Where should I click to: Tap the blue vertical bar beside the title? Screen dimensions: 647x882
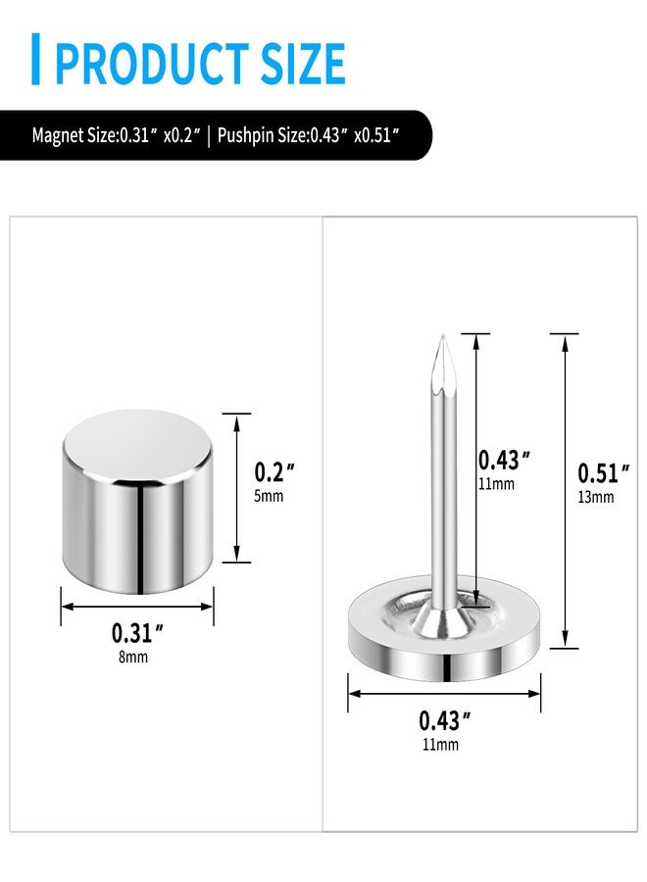tap(35, 59)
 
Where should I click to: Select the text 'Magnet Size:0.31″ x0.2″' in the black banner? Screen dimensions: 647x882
tap(116, 135)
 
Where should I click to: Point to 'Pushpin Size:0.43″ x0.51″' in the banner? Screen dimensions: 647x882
tap(309, 135)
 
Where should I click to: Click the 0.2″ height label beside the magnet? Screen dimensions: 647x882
tap(274, 472)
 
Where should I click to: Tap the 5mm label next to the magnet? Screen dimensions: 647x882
tap(269, 496)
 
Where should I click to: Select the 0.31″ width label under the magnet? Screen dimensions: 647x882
tap(137, 633)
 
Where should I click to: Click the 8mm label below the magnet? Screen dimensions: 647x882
tap(133, 657)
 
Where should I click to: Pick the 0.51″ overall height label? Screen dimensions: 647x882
tap(604, 473)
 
